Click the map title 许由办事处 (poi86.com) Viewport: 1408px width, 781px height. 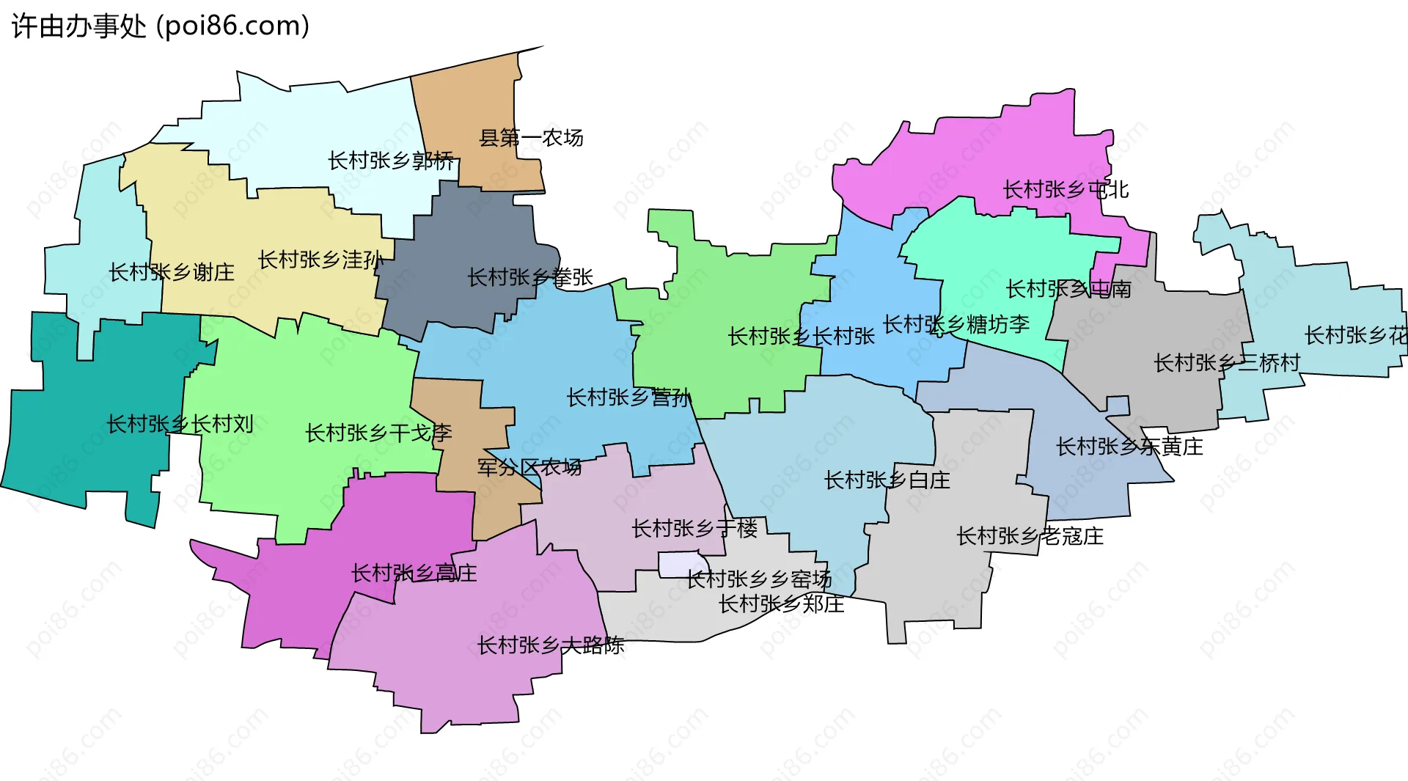point(161,26)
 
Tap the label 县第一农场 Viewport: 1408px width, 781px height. point(531,138)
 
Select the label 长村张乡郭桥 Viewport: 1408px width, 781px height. point(391,161)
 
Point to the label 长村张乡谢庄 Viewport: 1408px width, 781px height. point(172,273)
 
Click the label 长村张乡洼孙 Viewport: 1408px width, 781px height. point(320,260)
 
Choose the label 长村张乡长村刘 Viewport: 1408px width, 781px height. point(180,424)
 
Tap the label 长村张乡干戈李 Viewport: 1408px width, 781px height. point(378,433)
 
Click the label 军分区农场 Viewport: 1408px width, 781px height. point(529,467)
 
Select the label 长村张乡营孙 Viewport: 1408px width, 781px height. point(629,397)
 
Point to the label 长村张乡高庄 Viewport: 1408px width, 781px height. point(414,573)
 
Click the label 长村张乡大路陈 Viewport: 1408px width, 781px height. point(551,645)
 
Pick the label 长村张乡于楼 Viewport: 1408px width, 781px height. point(694,528)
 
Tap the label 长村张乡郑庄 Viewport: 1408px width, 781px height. point(781,604)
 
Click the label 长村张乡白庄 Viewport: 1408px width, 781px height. point(887,480)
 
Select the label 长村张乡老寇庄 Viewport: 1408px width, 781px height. point(1030,536)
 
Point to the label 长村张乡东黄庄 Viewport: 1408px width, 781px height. point(1129,447)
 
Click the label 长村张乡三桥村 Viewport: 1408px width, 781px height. point(1227,363)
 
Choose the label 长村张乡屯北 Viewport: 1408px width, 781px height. point(1066,190)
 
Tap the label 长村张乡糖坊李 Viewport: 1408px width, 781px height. point(956,324)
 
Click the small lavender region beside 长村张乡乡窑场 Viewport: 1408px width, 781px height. point(679,564)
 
